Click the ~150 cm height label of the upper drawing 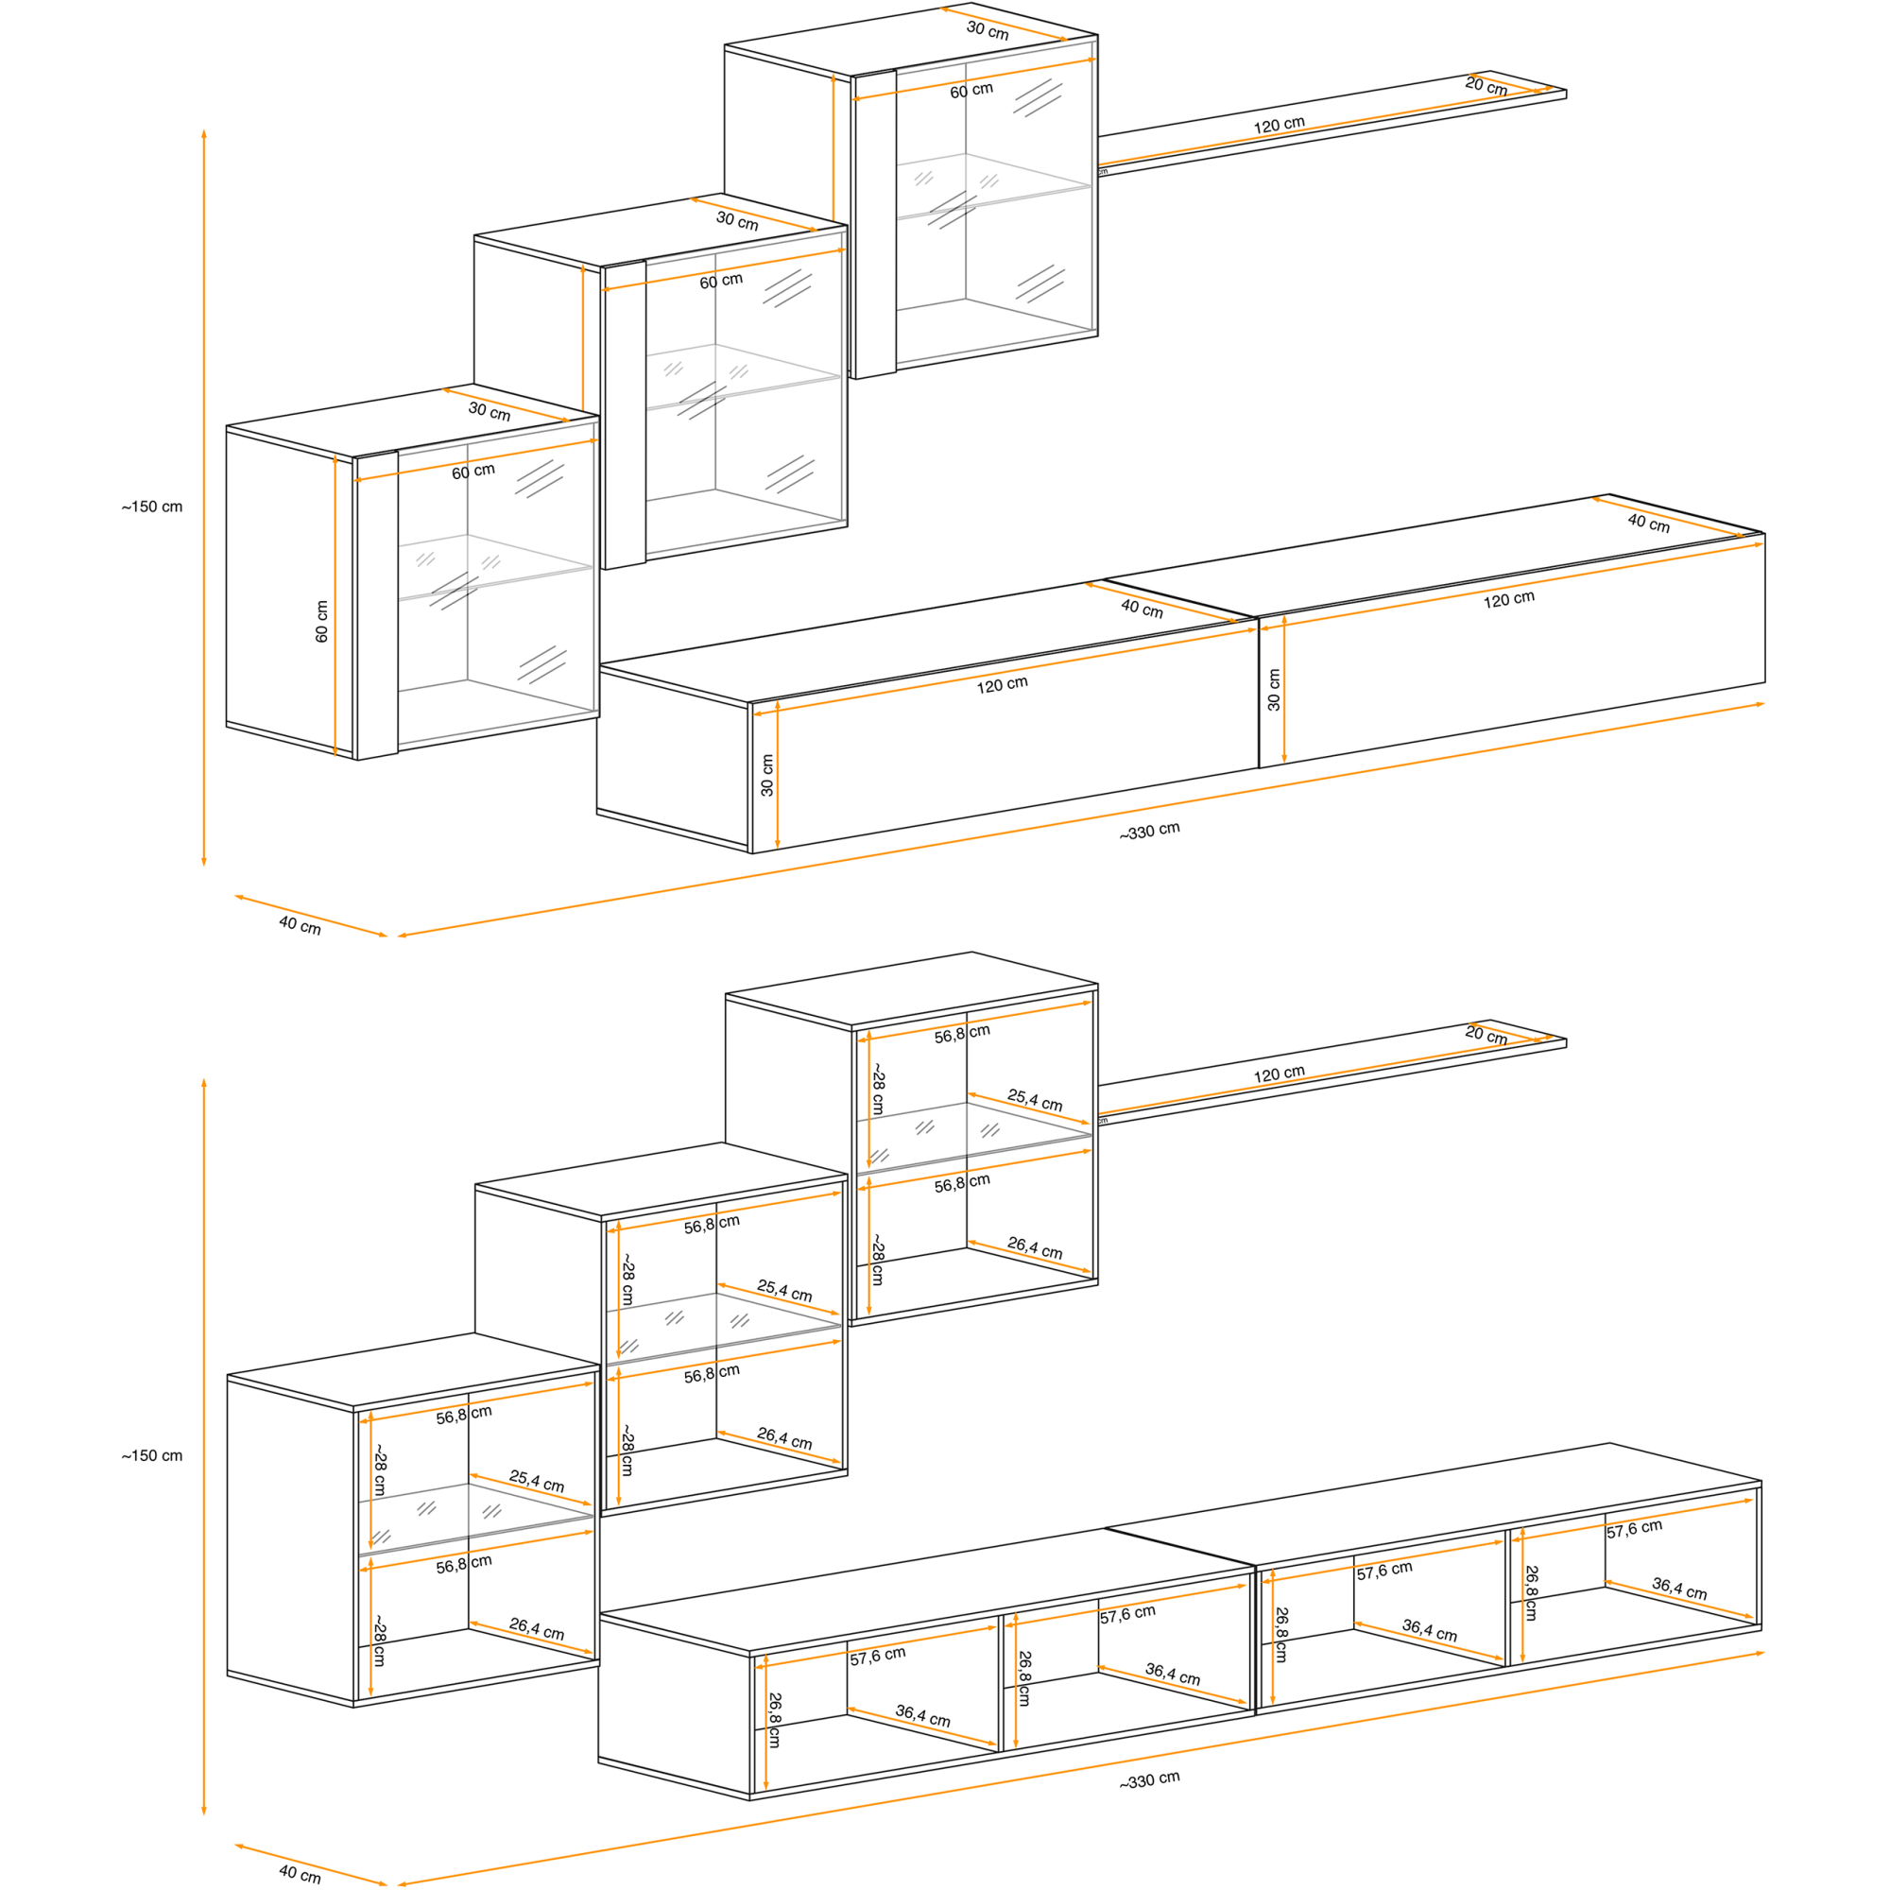[151, 507]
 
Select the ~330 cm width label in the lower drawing [1149, 1779]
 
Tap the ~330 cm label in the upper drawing [1149, 831]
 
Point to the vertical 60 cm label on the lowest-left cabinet [322, 621]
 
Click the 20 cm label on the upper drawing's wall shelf [1486, 86]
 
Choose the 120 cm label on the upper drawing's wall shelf [1279, 126]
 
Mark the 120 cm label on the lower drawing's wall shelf [1279, 1074]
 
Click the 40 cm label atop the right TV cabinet [1648, 524]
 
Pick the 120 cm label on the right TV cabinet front [1508, 600]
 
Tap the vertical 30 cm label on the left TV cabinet [767, 775]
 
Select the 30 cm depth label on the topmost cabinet [988, 30]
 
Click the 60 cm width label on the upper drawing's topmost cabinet [971, 90]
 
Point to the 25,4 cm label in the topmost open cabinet [1035, 1101]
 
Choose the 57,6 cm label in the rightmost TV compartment [1634, 1529]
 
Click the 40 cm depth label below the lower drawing [300, 1873]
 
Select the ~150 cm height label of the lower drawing [151, 1455]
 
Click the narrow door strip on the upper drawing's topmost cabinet [874, 225]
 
